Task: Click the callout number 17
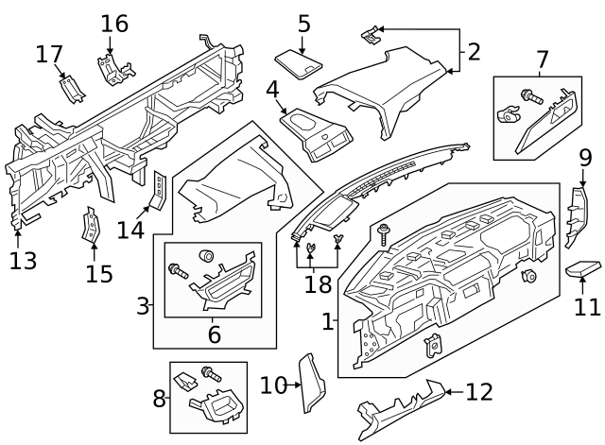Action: coord(49,55)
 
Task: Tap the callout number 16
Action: coord(114,24)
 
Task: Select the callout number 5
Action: coord(303,24)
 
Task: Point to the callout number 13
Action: coord(23,260)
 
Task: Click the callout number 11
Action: coord(588,306)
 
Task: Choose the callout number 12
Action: coord(479,391)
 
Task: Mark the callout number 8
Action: coord(160,399)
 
